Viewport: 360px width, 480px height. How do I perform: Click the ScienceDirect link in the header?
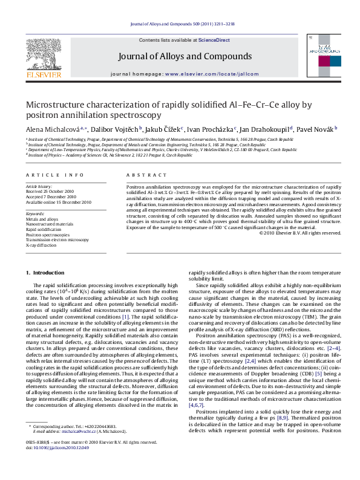214,40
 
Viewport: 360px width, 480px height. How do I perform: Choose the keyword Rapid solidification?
44,230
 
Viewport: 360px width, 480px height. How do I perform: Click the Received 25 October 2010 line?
51,192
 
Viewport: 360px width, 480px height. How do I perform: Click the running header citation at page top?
180,25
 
